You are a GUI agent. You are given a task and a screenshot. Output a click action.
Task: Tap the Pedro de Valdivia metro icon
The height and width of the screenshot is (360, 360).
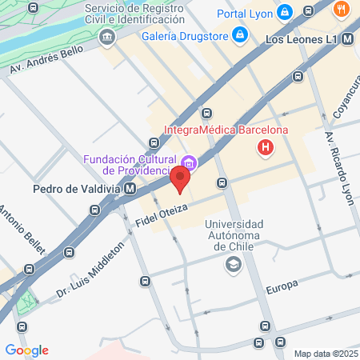pos(130,190)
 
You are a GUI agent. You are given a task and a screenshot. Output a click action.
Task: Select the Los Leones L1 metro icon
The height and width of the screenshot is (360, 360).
pos(347,38)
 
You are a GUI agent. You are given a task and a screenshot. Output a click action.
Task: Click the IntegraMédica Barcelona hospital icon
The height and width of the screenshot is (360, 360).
pos(265,147)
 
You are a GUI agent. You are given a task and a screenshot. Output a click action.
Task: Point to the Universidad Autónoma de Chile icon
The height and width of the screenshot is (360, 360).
pos(234,265)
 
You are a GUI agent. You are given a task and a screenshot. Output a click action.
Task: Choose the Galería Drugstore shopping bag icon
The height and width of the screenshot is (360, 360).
pos(239,35)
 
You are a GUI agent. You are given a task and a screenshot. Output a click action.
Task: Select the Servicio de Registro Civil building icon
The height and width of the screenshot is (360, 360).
pos(106,38)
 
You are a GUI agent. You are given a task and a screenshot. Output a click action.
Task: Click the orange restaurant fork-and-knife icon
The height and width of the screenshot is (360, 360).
pos(342,10)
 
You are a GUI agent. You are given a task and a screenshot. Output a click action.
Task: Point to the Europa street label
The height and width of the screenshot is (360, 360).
pos(282,286)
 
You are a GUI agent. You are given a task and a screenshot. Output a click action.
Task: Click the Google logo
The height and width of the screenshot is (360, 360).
pos(27,350)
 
